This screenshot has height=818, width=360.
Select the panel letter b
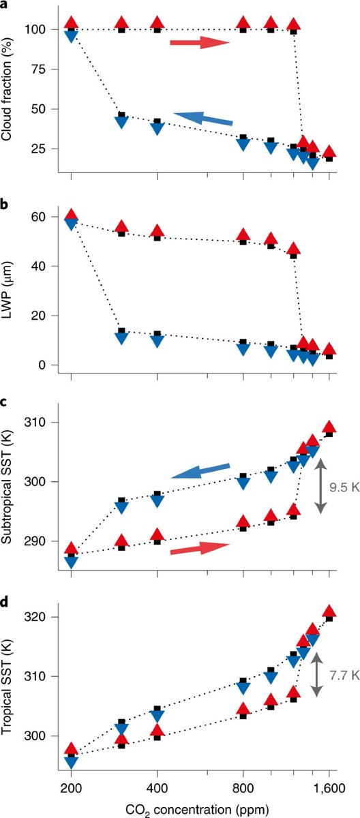tap(5, 202)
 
